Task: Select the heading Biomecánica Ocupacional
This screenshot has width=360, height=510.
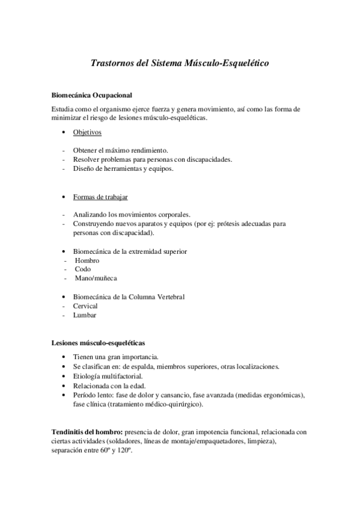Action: click(93, 94)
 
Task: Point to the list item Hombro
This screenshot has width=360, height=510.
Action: click(87, 260)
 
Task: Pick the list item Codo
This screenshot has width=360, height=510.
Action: click(83, 269)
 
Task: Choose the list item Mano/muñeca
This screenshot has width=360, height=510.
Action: click(96, 278)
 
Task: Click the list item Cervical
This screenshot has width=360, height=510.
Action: click(85, 306)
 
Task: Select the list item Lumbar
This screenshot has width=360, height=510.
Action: click(84, 315)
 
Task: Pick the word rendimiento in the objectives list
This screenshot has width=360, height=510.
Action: click(147, 150)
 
